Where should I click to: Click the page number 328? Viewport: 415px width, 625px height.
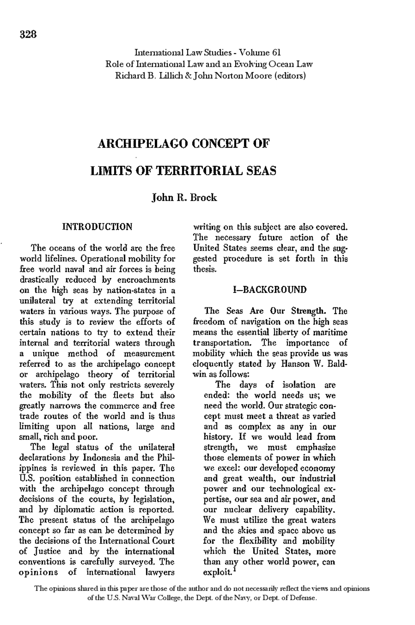(x=29, y=34)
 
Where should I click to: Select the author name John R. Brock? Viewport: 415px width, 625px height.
(x=184, y=198)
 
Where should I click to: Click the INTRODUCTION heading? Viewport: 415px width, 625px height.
(x=97, y=226)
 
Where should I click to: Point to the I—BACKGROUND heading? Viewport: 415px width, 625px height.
(x=270, y=290)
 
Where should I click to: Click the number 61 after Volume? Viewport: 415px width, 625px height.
(x=276, y=52)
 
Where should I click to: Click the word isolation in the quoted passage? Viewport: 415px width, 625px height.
(x=299, y=385)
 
